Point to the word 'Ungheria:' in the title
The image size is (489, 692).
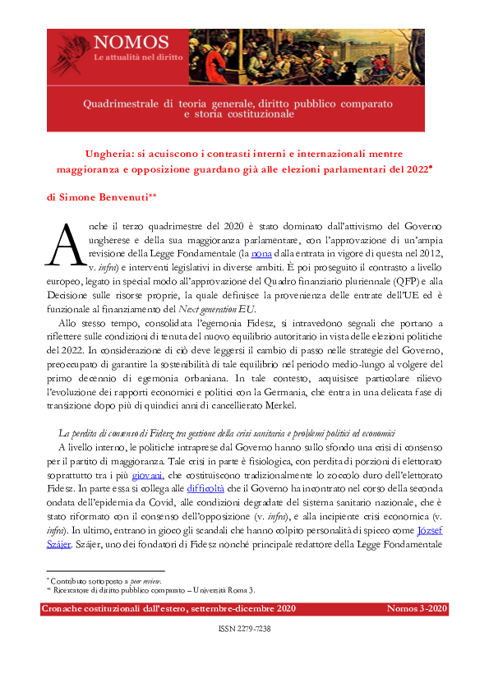click(x=135, y=154)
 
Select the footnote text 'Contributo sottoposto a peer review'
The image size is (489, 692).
click(x=104, y=580)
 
